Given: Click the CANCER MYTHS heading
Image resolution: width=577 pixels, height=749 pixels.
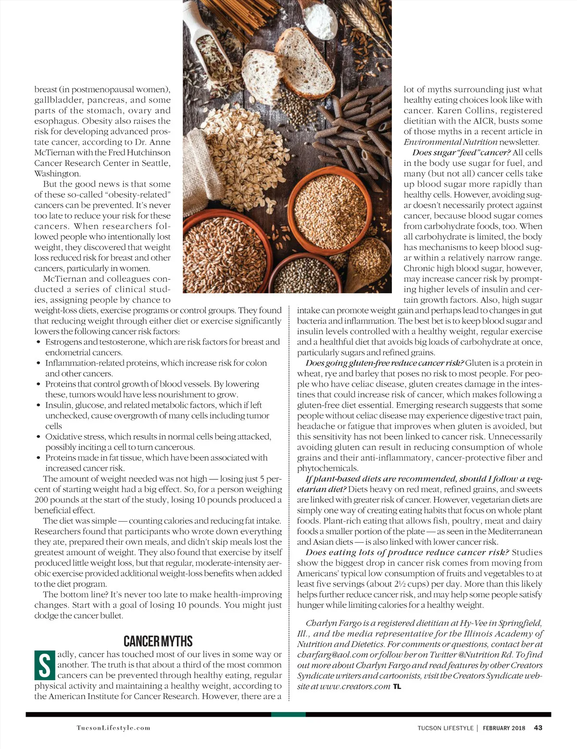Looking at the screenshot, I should [158, 641].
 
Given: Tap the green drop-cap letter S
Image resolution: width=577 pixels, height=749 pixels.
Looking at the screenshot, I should [44, 665].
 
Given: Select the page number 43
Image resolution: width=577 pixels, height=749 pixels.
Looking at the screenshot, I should [538, 728].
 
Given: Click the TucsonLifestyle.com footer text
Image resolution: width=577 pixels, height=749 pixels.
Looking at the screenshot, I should [113, 728].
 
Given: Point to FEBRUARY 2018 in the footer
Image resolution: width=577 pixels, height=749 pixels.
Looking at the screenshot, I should [504, 728].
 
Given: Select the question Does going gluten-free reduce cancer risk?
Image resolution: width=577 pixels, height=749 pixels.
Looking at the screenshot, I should [384, 363].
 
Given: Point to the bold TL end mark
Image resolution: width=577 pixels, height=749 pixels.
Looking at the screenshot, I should [397, 687].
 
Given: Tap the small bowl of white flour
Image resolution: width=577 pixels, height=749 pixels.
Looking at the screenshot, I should [321, 22].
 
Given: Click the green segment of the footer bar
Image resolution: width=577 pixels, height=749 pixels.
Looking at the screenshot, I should [288, 714].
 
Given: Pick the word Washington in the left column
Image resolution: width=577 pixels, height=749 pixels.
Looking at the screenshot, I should [57, 174].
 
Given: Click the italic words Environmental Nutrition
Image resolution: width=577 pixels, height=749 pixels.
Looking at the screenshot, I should [451, 142].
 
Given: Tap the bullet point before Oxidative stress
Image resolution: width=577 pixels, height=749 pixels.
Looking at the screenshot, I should [38, 437].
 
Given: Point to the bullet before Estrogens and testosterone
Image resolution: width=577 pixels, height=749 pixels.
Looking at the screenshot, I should [38, 342].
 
